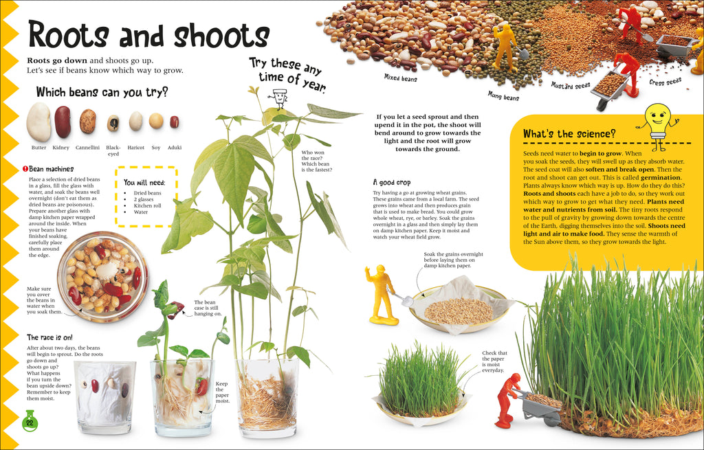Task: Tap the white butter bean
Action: [38, 122]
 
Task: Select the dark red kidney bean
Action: [63, 122]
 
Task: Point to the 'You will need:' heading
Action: [144, 183]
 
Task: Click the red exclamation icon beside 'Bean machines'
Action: [25, 168]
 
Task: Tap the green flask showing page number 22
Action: [30, 420]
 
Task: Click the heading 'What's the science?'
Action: [569, 133]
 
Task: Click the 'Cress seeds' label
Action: [665, 82]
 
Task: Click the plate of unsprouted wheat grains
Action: [459, 310]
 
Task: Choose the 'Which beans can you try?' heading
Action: [102, 92]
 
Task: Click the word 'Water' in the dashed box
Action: [142, 212]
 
